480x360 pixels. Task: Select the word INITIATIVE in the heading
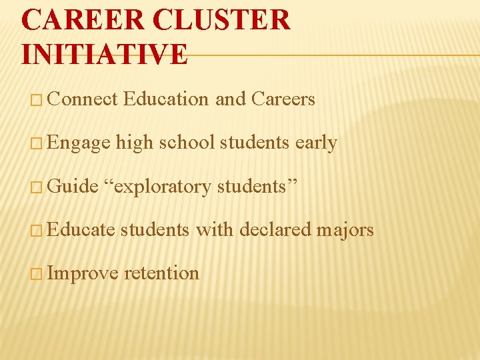[x=105, y=53]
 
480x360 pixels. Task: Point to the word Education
[x=166, y=99]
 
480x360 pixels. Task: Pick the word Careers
[x=283, y=99]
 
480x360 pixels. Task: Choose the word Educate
[x=82, y=229]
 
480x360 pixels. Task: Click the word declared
[x=275, y=229]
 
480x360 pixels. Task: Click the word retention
[x=161, y=273]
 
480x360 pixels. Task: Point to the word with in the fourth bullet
[x=214, y=229]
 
